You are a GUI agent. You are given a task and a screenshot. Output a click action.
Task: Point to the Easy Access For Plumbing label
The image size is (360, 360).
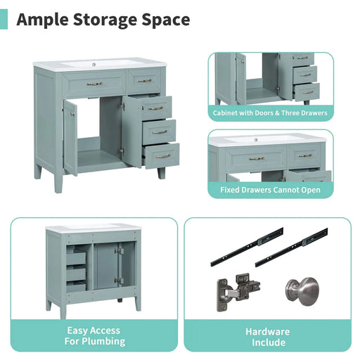[x=94, y=336]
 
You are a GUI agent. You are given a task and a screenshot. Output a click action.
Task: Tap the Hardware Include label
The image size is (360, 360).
[x=267, y=337]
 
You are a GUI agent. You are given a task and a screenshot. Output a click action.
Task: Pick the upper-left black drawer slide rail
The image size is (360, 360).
[x=245, y=245]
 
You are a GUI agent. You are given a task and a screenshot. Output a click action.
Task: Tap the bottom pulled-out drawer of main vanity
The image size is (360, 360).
[x=162, y=155]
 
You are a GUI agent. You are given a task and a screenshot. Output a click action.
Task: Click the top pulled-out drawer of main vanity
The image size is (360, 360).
[x=155, y=108]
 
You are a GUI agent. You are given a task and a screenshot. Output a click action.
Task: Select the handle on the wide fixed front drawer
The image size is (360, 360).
[x=94, y=84]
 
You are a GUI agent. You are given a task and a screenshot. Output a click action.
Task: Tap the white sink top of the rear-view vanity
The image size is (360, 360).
[x=94, y=229]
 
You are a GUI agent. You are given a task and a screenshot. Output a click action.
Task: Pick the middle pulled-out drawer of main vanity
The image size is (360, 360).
[x=159, y=131]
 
